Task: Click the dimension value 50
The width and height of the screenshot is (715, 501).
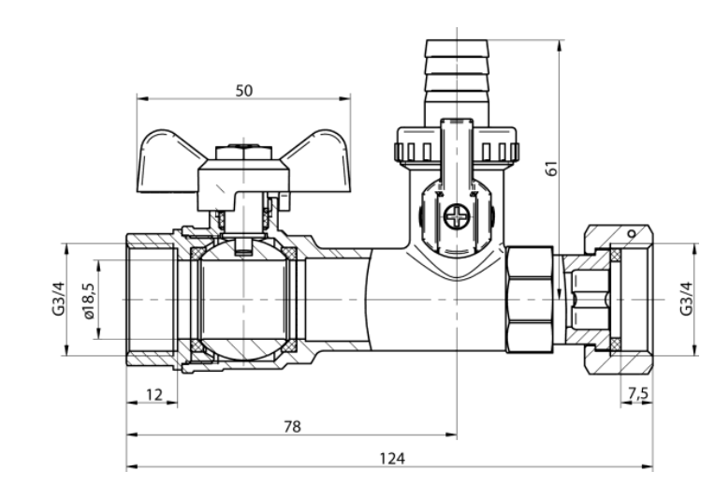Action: click(x=244, y=91)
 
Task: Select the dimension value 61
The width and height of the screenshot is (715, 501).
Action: click(x=552, y=169)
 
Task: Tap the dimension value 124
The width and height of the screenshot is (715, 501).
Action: click(x=392, y=458)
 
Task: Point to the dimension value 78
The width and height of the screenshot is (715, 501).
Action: click(x=292, y=427)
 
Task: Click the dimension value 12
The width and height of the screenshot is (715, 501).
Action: click(x=154, y=394)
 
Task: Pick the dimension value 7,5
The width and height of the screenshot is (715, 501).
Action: click(x=638, y=393)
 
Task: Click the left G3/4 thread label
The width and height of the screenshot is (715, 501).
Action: click(x=58, y=299)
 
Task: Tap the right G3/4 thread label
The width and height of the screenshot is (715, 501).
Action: click(x=686, y=299)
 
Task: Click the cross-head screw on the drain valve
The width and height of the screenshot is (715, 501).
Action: click(x=457, y=216)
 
